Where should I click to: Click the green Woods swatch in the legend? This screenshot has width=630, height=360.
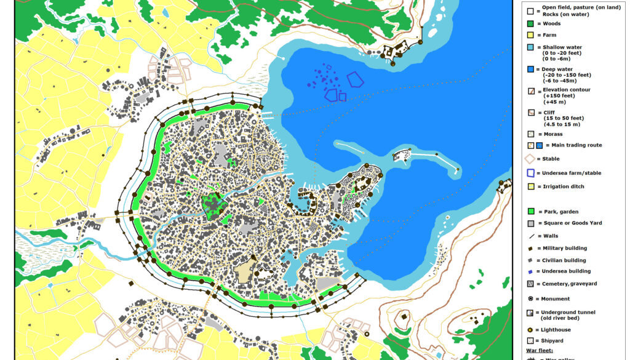pyautogui.click(x=529, y=24)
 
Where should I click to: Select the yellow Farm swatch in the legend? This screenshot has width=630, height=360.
pyautogui.click(x=529, y=36)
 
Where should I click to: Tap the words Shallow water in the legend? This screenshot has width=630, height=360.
pyautogui.click(x=562, y=47)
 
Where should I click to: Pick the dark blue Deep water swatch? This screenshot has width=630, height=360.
pyautogui.click(x=529, y=69)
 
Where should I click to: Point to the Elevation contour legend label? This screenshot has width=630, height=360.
pyautogui.click(x=566, y=90)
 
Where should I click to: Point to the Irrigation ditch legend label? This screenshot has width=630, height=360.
pyautogui.click(x=563, y=186)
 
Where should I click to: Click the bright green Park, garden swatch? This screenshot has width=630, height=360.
pyautogui.click(x=529, y=212)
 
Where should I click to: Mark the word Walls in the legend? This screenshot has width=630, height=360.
pyautogui.click(x=551, y=236)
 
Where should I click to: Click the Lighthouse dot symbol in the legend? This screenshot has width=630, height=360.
pyautogui.click(x=529, y=330)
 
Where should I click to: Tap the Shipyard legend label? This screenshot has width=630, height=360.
pyautogui.click(x=554, y=340)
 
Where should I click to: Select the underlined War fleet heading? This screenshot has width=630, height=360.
pyautogui.click(x=540, y=350)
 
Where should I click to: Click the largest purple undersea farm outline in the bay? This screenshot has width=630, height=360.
pyautogui.click(x=355, y=79)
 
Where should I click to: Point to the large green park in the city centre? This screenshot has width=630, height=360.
pyautogui.click(x=212, y=205)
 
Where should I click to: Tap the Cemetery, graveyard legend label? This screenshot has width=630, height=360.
pyautogui.click(x=569, y=284)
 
